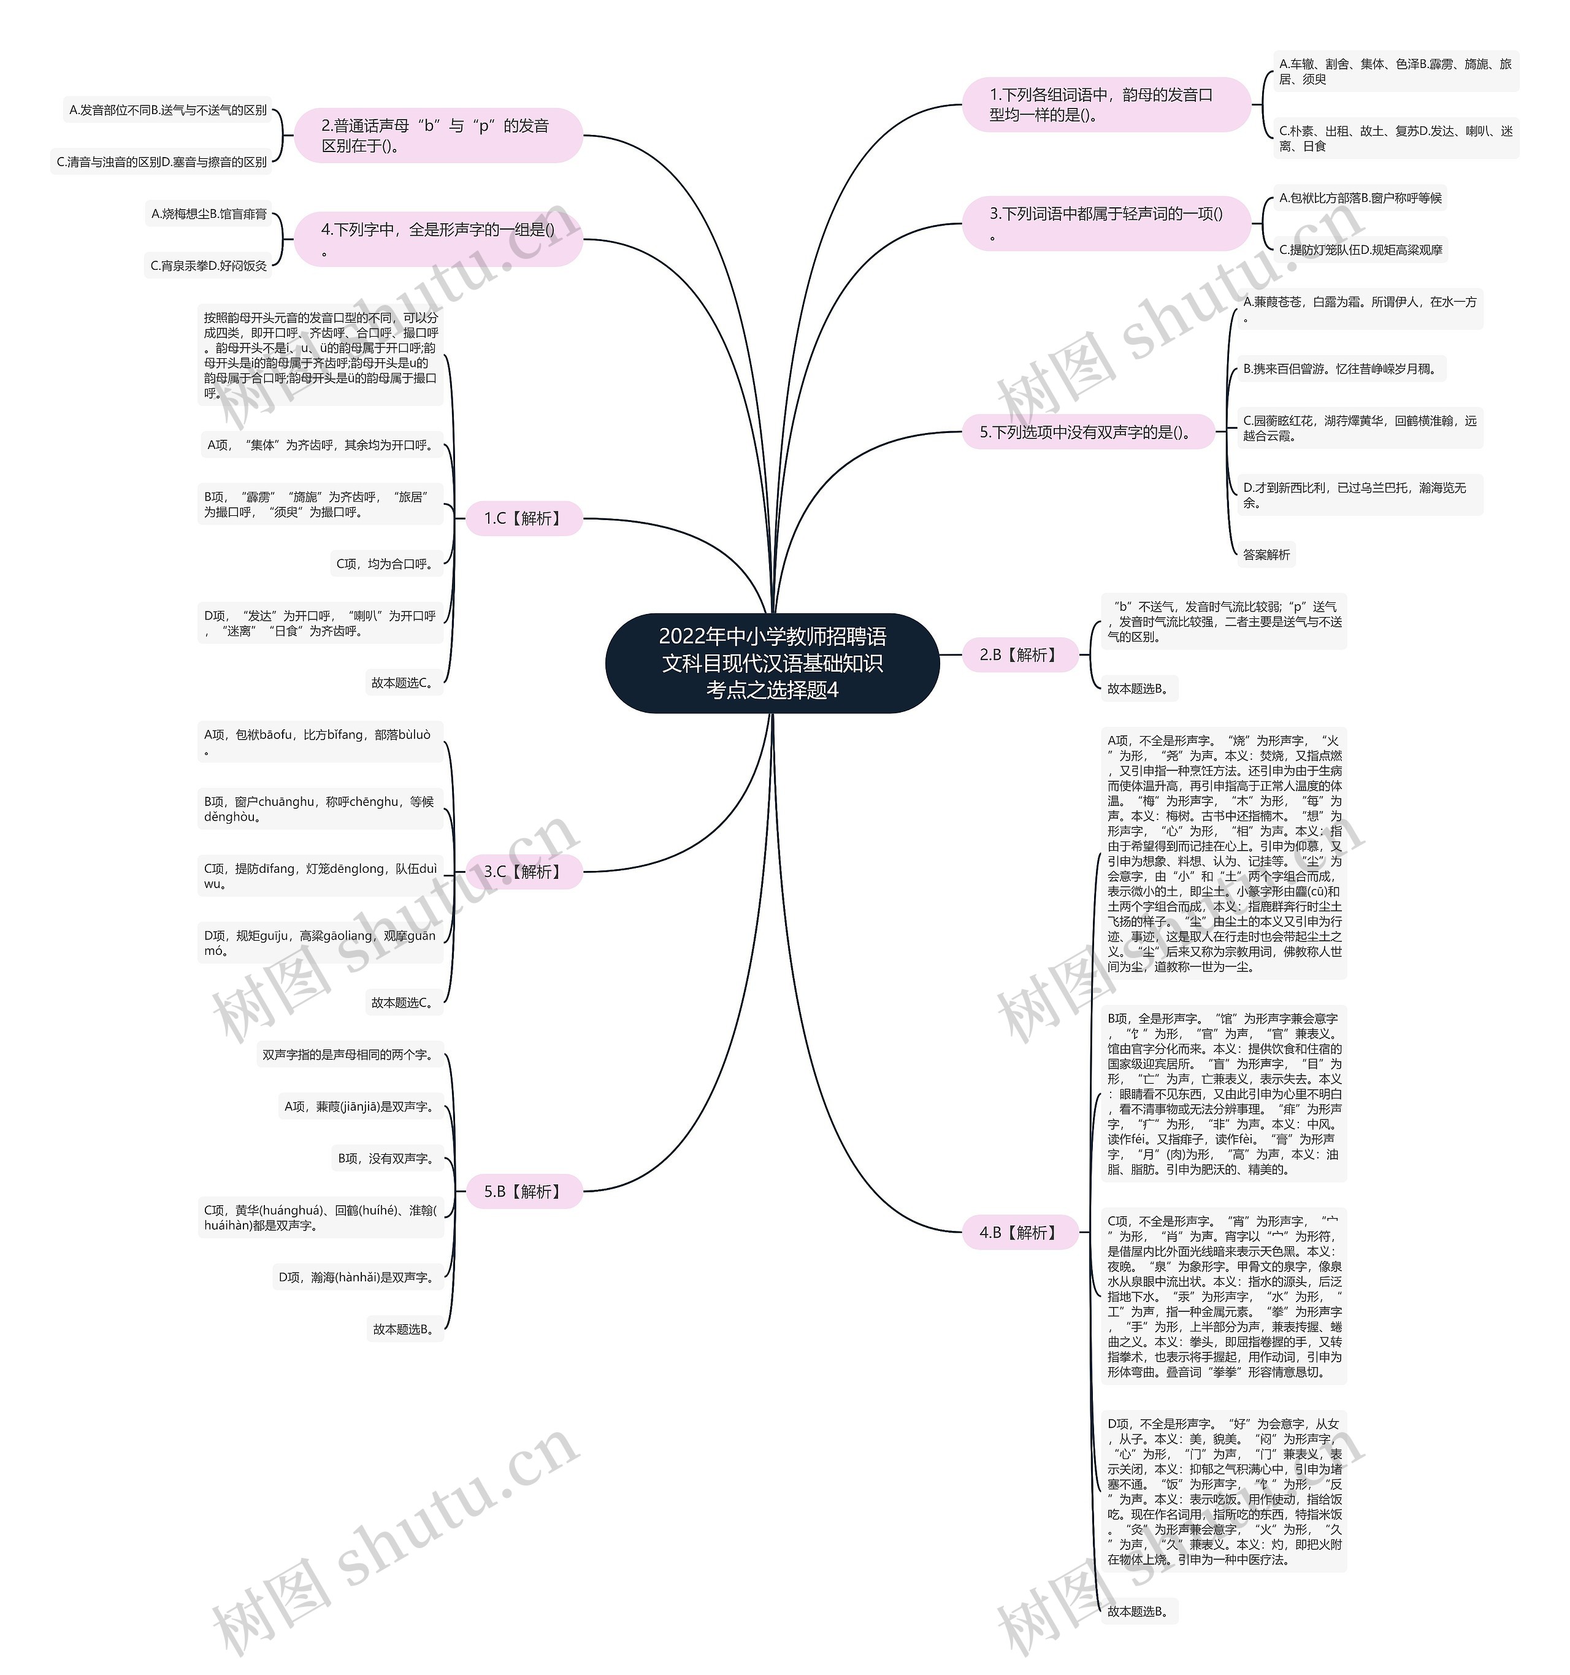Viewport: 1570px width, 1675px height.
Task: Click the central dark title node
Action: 772,663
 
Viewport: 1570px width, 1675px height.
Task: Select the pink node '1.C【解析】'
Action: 523,518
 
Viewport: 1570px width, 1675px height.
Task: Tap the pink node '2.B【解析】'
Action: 1019,654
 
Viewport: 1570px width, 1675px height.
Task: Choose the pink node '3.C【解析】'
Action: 523,871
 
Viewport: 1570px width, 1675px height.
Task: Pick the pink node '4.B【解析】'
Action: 1019,1233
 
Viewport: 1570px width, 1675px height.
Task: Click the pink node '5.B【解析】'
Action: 523,1191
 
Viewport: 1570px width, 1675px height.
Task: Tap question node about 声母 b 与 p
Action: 438,136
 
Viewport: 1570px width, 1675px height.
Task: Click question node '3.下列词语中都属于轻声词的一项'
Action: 1105,223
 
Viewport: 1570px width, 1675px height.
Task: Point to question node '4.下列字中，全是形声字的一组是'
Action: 438,239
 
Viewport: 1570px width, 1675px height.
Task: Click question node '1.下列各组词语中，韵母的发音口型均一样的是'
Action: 1105,104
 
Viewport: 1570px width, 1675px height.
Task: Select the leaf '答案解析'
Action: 1266,554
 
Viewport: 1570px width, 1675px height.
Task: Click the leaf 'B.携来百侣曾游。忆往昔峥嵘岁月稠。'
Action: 1340,369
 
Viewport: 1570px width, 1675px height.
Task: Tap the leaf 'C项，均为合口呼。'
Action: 386,564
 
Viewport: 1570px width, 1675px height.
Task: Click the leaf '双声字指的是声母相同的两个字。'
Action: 349,1054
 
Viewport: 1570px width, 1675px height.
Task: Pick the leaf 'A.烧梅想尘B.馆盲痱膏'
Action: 209,214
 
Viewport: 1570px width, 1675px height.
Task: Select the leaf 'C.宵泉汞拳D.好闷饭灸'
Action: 209,266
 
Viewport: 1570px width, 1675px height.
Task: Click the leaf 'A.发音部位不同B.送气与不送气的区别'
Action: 169,110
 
